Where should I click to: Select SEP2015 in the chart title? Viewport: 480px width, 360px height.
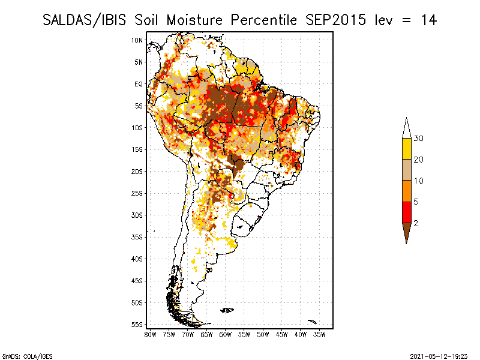point(332,20)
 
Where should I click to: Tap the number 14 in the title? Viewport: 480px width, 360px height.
point(428,20)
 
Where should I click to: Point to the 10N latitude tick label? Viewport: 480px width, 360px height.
point(137,40)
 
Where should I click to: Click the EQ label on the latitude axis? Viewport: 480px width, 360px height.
point(139,84)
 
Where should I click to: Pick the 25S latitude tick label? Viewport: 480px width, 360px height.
point(137,193)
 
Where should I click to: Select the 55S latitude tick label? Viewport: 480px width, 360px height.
point(137,325)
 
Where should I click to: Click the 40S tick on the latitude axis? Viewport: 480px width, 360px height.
point(137,259)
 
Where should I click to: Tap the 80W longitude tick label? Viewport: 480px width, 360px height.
point(150,334)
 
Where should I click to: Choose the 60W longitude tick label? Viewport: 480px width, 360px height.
point(225,334)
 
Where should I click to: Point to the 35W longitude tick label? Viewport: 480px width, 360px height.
point(319,334)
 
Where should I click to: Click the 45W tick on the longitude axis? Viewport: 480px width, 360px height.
point(281,334)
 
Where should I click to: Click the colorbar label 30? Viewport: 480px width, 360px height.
point(419,139)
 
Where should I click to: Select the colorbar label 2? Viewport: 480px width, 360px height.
point(416,223)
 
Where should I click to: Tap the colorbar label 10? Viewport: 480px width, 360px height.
point(419,181)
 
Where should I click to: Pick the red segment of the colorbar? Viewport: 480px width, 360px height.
point(406,212)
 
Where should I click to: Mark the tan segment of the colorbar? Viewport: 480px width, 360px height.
point(406,170)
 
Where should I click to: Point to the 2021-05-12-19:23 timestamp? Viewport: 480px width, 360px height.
point(439,355)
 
